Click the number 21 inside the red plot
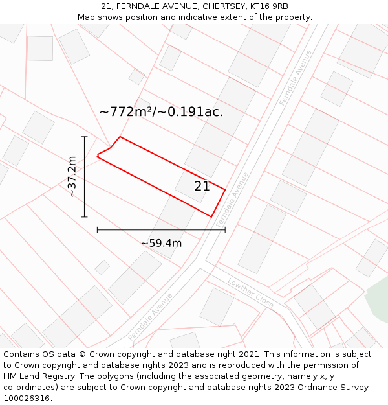coord(202,186)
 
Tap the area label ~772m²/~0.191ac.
coord(161,111)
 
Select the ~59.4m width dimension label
coord(161,243)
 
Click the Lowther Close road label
coord(251,294)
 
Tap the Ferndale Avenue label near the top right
coord(296,78)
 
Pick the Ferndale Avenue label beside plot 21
coord(232,200)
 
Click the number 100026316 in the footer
coord(27,398)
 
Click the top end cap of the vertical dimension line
coord(84,137)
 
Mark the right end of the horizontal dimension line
coord(225,229)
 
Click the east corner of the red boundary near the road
coord(225,190)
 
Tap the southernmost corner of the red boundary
coord(211,216)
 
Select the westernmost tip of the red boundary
coord(97,156)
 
